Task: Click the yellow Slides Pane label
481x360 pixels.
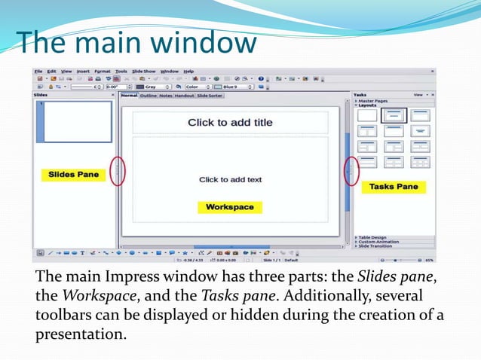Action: pos(73,174)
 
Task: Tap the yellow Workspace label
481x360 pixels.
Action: pos(230,206)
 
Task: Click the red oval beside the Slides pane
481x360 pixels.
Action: pos(118,171)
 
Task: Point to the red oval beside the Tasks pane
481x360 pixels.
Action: pos(351,171)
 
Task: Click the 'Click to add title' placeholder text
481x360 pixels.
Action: pos(230,122)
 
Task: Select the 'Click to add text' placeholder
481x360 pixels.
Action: pos(230,179)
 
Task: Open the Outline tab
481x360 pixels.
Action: pos(148,96)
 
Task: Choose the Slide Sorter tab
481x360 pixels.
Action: pos(210,96)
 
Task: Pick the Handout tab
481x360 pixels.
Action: pos(184,96)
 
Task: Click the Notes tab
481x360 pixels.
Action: pos(165,96)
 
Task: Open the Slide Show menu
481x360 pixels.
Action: pos(143,71)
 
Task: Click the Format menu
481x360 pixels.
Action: pos(102,71)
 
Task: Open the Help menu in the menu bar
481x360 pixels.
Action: pos(188,71)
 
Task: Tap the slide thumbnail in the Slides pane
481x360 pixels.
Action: pos(75,121)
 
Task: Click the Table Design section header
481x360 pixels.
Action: pos(372,237)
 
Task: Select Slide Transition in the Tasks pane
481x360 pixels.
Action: pos(375,246)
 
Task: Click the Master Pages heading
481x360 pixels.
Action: pos(374,101)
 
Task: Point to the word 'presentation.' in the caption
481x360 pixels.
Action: pos(81,332)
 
